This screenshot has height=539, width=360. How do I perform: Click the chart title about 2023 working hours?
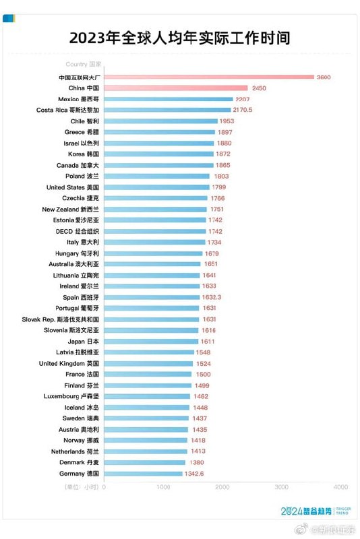point(179,38)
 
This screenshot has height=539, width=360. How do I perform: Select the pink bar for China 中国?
point(175,88)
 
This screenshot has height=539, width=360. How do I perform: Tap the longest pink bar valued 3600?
point(208,77)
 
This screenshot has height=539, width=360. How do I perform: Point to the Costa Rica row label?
point(67,110)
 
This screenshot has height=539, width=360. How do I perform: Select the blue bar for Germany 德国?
point(143,474)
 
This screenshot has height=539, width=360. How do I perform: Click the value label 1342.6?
point(197,474)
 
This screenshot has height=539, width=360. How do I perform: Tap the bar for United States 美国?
point(156,187)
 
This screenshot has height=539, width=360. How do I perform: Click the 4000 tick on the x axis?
point(340,486)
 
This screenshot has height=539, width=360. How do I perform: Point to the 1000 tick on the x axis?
point(163,486)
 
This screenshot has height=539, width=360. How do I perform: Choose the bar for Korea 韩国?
point(158,154)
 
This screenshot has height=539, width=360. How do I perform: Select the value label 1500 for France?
point(203,375)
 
